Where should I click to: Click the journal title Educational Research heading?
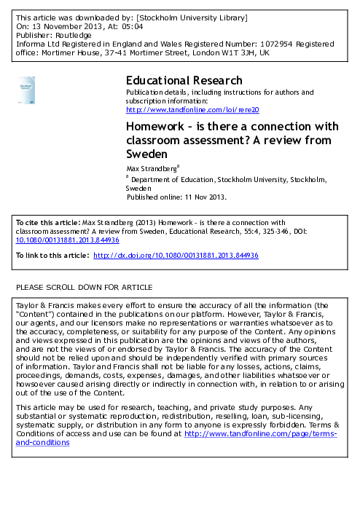[x=184, y=80]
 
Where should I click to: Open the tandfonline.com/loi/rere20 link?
[x=192, y=109]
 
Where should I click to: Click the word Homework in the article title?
[x=157, y=126]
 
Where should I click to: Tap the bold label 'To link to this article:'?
[x=52, y=256]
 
